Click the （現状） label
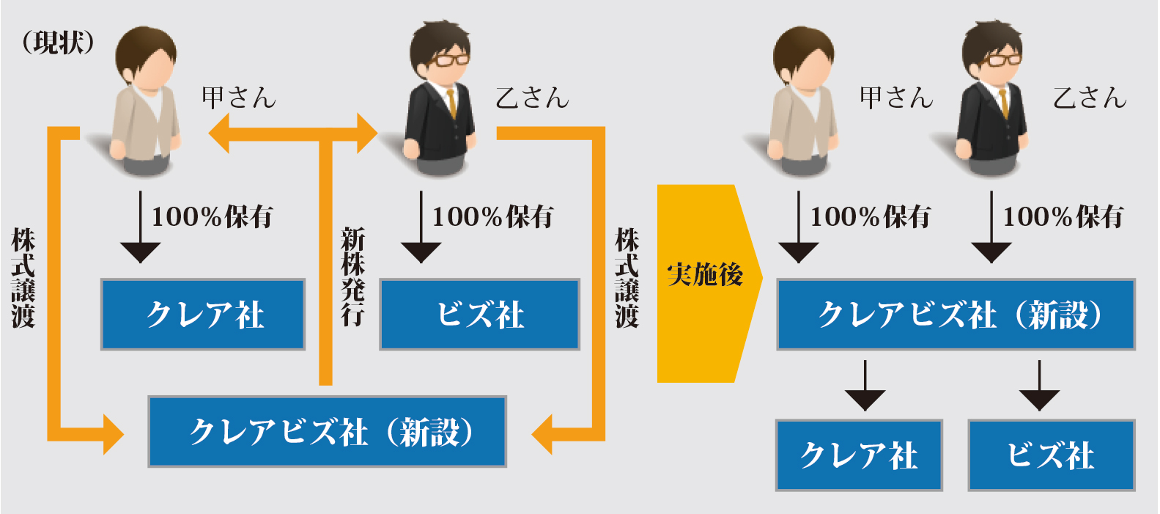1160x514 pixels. pyautogui.click(x=58, y=43)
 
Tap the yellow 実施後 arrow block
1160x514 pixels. pyautogui.click(x=709, y=284)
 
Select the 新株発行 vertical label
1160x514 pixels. pyautogui.click(x=352, y=276)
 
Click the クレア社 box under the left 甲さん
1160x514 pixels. pyautogui.click(x=203, y=315)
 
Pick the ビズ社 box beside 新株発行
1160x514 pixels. pyautogui.click(x=479, y=315)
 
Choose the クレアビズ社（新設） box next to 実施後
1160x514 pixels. pyautogui.click(x=956, y=315)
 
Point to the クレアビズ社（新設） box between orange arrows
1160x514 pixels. pyautogui.click(x=328, y=432)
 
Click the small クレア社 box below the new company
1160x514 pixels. pyautogui.click(x=859, y=455)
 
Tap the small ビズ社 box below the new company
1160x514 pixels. pyautogui.click(x=1052, y=455)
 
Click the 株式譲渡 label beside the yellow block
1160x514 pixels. pyautogui.click(x=627, y=278)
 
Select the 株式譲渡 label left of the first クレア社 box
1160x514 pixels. pyautogui.click(x=23, y=278)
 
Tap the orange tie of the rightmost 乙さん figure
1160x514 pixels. pyautogui.click(x=1004, y=103)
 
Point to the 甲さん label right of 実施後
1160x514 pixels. pyautogui.click(x=896, y=98)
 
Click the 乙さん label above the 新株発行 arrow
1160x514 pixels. pyautogui.click(x=532, y=98)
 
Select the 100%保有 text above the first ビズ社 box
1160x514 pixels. pyautogui.click(x=492, y=216)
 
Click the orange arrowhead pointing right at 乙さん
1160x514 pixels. pyautogui.click(x=367, y=133)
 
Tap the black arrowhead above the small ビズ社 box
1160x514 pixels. pyautogui.click(x=1039, y=400)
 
